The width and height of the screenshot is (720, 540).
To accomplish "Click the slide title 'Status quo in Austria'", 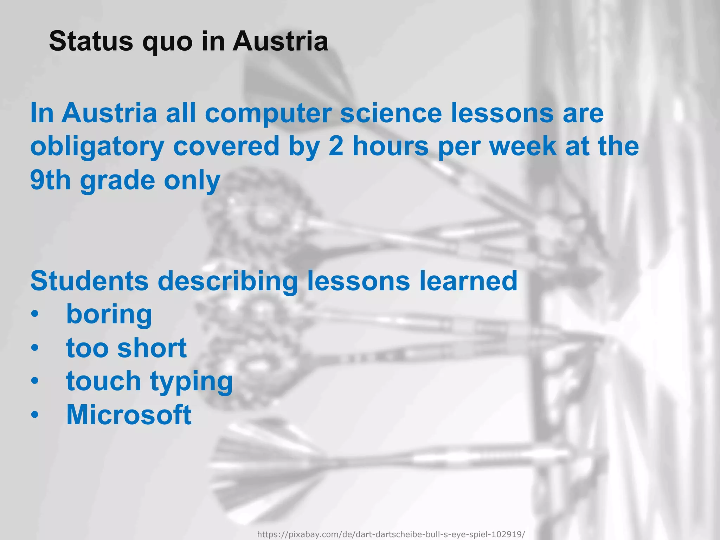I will pos(188,41).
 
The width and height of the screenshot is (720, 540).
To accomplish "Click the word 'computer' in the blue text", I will pos(268,113).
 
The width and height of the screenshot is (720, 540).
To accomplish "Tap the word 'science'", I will pos(391,113).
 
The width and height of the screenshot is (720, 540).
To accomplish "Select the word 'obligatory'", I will pos(97,147).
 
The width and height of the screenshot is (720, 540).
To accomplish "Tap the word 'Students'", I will pos(90,281).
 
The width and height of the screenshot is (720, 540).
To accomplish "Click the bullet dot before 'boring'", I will pos(34,314).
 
